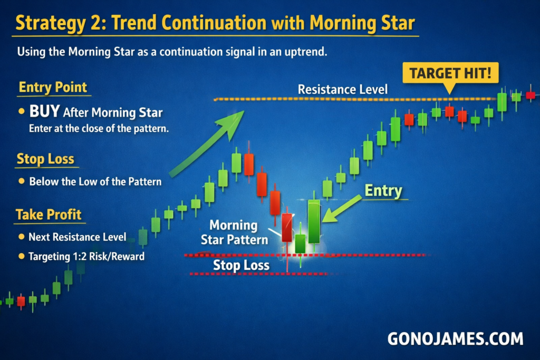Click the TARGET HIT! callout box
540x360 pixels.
click(450, 73)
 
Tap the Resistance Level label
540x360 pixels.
click(343, 90)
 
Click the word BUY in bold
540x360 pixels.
click(44, 111)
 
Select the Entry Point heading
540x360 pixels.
click(53, 87)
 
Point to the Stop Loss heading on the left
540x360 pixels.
click(45, 159)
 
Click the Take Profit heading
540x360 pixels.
click(49, 215)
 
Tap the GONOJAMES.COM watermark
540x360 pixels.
click(455, 339)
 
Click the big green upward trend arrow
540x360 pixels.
click(207, 144)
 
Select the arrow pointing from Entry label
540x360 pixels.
click(341, 209)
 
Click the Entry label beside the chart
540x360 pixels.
click(383, 191)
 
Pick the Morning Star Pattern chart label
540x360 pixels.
click(234, 232)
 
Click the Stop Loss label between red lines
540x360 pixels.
click(241, 265)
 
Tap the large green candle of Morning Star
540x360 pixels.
click(314, 222)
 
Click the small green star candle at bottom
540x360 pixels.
click(300, 244)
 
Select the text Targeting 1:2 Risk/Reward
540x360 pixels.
click(86, 256)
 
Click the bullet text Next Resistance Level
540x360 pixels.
click(78, 237)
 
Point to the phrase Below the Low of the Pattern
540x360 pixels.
click(95, 181)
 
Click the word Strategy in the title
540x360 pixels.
click(51, 23)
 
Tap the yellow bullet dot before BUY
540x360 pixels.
click(21, 111)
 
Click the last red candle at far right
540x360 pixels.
click(531, 95)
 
